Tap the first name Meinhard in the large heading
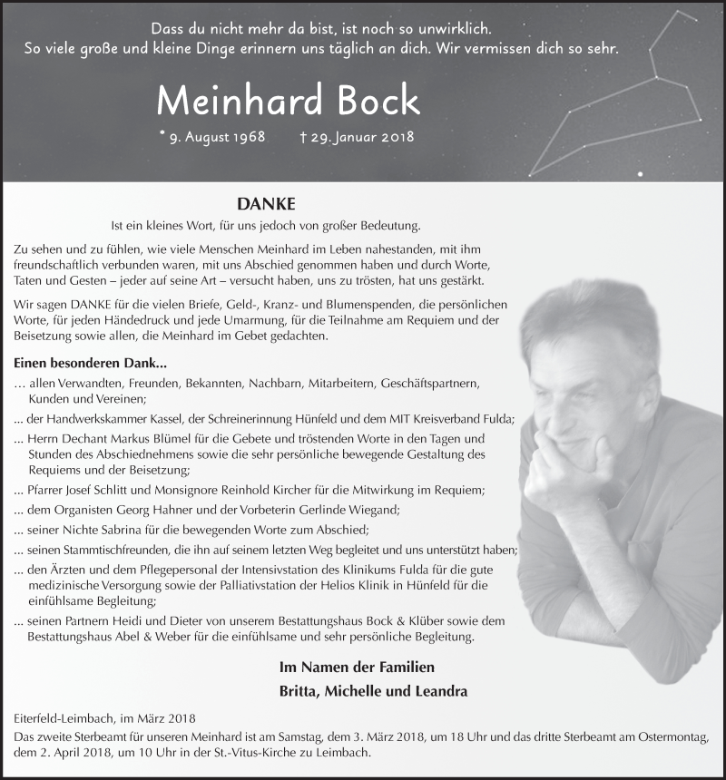[240, 100]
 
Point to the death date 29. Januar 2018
[361, 137]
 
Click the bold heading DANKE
[266, 204]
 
